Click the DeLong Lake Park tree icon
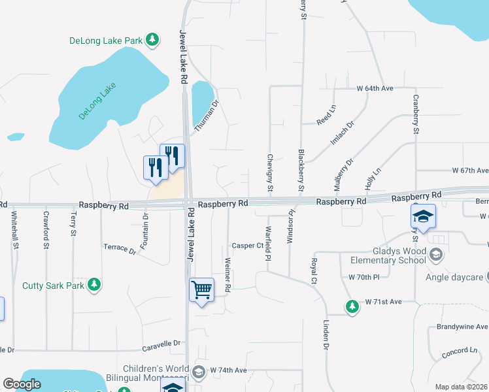click(152, 41)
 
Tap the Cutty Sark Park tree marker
click(95, 285)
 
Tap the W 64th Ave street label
click(375, 88)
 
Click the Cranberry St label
click(415, 114)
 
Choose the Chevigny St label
click(269, 172)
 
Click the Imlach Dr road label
click(341, 134)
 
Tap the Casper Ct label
click(247, 246)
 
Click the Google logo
click(22, 384)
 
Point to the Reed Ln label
click(326, 118)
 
